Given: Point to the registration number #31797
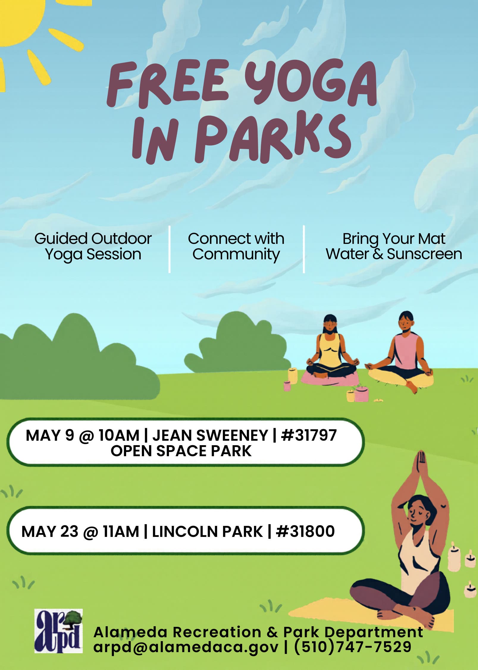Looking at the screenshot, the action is coord(309,435).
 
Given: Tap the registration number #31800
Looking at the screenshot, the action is coord(305,531).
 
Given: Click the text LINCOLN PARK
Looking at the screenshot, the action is coord(207,532).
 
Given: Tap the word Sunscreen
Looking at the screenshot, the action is coord(424,254).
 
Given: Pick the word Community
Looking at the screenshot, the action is coord(236,255).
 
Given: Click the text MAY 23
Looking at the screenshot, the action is coord(50,532).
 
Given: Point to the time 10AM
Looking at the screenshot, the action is coord(119,435).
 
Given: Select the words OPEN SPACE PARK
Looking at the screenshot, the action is coord(181,451).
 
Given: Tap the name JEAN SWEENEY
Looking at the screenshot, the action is coord(210,435).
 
